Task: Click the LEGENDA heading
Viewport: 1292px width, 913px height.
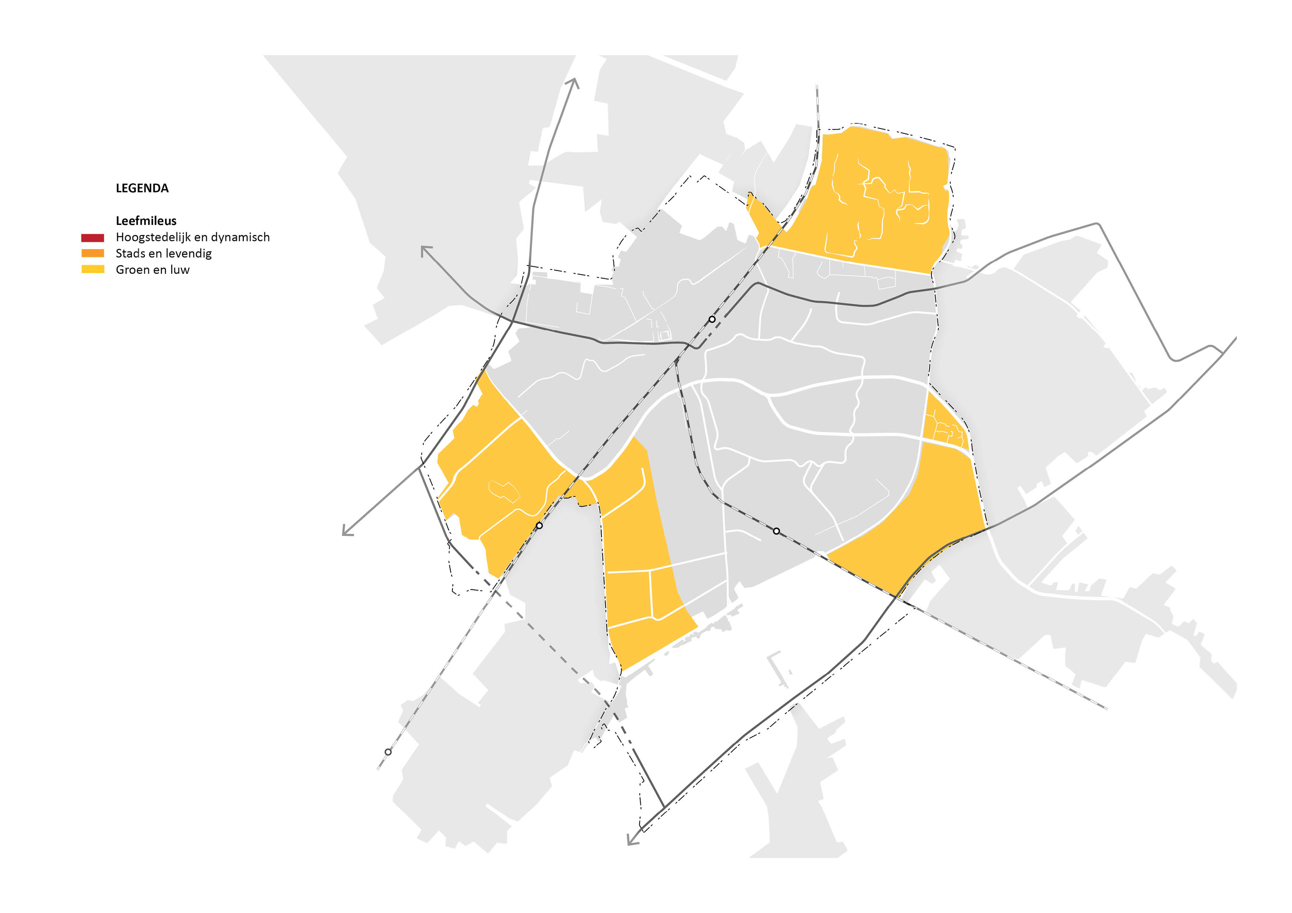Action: [x=142, y=188]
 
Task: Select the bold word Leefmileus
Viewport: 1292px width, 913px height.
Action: [x=146, y=221]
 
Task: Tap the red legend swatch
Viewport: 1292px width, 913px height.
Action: [x=92, y=237]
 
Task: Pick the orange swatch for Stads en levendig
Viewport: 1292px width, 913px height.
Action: [x=92, y=253]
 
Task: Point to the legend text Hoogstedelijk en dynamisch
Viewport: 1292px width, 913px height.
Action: [x=193, y=237]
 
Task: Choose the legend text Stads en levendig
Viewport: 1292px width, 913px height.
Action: [x=164, y=253]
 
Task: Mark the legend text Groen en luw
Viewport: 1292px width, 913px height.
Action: [x=152, y=269]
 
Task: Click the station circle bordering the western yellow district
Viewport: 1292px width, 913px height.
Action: [x=539, y=525]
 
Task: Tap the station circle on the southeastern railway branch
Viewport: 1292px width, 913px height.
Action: [x=776, y=531]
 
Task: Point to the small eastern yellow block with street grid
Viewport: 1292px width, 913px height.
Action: [x=945, y=427]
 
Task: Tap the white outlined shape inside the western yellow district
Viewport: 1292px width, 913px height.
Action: [x=503, y=490]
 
